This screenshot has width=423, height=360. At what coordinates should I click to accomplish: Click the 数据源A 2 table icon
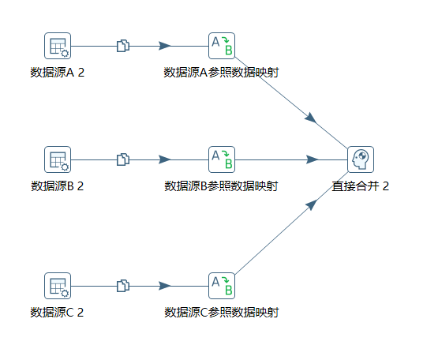click(x=58, y=46)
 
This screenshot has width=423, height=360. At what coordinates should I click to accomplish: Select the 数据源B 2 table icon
click(x=58, y=159)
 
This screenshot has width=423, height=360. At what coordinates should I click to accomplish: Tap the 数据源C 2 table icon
click(x=58, y=286)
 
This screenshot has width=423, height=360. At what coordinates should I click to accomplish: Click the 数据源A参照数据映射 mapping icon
click(x=222, y=46)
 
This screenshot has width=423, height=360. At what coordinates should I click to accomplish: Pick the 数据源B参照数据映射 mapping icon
click(x=222, y=159)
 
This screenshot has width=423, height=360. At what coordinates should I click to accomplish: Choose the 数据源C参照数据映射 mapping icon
click(x=222, y=286)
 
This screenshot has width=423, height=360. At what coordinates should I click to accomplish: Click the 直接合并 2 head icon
click(x=361, y=159)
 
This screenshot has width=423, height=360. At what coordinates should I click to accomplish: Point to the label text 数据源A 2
click(x=58, y=73)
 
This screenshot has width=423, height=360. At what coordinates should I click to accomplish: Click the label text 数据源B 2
click(x=58, y=186)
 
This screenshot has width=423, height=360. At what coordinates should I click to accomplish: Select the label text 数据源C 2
click(x=58, y=313)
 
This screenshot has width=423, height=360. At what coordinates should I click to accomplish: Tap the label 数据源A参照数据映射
click(x=221, y=73)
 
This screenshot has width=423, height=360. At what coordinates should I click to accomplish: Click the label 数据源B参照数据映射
click(x=221, y=186)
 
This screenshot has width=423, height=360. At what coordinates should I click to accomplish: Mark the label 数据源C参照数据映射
click(x=221, y=313)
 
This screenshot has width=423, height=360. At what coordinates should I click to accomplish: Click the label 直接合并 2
click(x=361, y=186)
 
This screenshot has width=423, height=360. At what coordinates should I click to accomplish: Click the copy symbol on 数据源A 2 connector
click(x=122, y=46)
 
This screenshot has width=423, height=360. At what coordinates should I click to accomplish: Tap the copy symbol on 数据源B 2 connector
click(x=122, y=159)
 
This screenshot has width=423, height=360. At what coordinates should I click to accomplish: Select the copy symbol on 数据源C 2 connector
click(x=122, y=286)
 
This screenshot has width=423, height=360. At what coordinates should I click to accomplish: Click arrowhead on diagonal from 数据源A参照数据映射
click(x=311, y=118)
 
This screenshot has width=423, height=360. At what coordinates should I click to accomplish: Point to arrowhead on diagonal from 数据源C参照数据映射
click(x=311, y=204)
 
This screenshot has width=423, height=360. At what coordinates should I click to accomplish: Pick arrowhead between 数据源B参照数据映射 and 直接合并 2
click(x=310, y=159)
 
